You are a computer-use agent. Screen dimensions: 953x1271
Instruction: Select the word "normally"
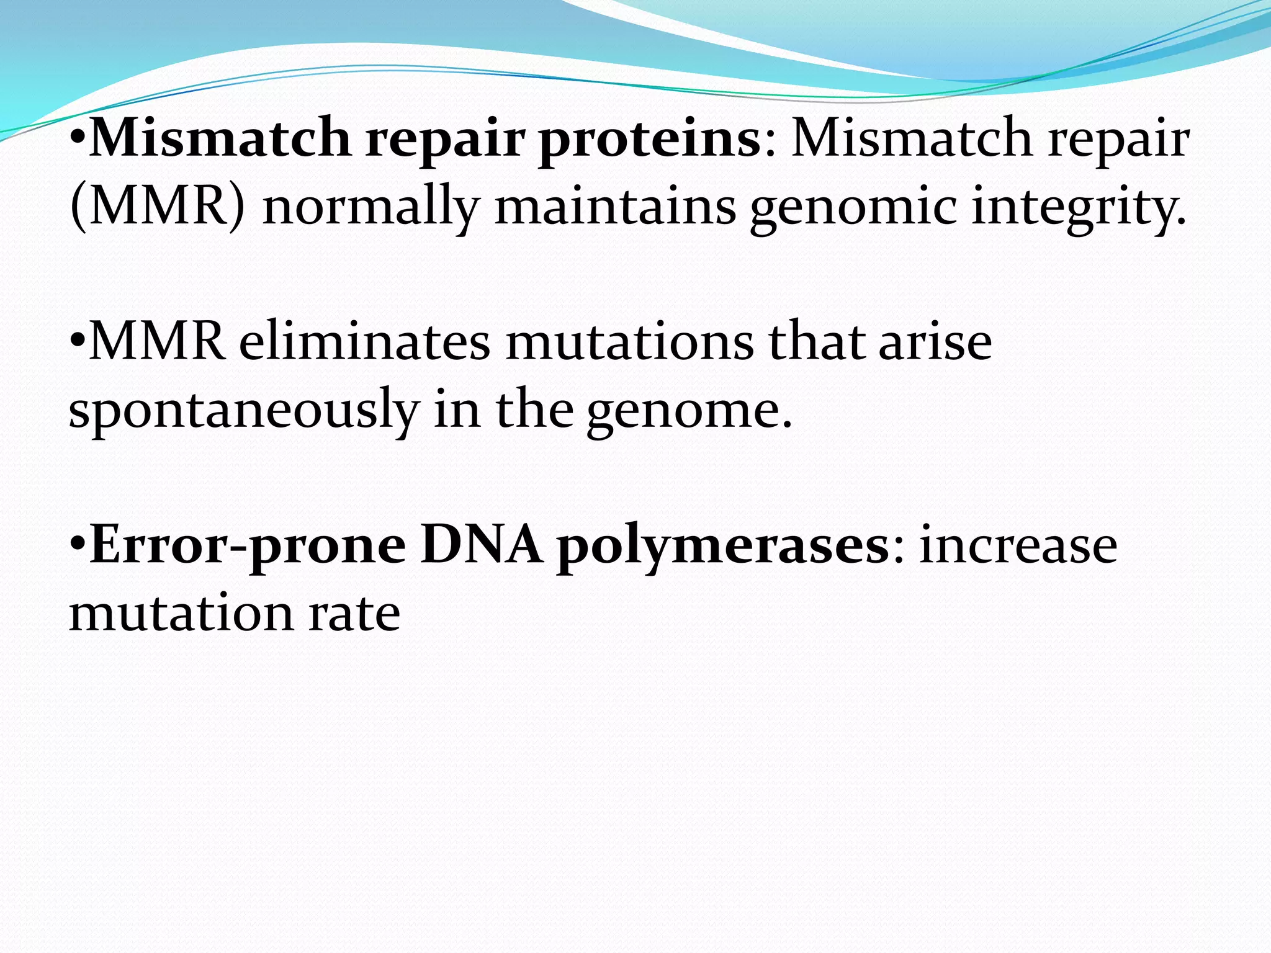(x=371, y=207)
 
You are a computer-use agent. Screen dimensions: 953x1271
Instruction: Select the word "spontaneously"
(x=244, y=411)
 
